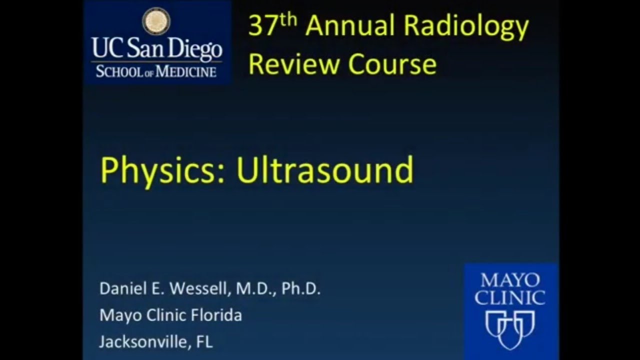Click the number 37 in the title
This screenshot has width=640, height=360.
coord(262,26)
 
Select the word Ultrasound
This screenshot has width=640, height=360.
coord(325,170)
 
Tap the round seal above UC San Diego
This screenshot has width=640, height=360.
coord(156,21)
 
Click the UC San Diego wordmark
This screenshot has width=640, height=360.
coord(156,49)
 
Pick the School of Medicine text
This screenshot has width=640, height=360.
coord(156,70)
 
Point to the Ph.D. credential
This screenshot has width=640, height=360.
coord(300,289)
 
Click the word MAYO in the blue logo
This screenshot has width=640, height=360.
coord(510,280)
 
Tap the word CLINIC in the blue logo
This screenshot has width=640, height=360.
coord(510,298)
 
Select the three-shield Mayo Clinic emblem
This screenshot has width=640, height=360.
coord(510,327)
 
